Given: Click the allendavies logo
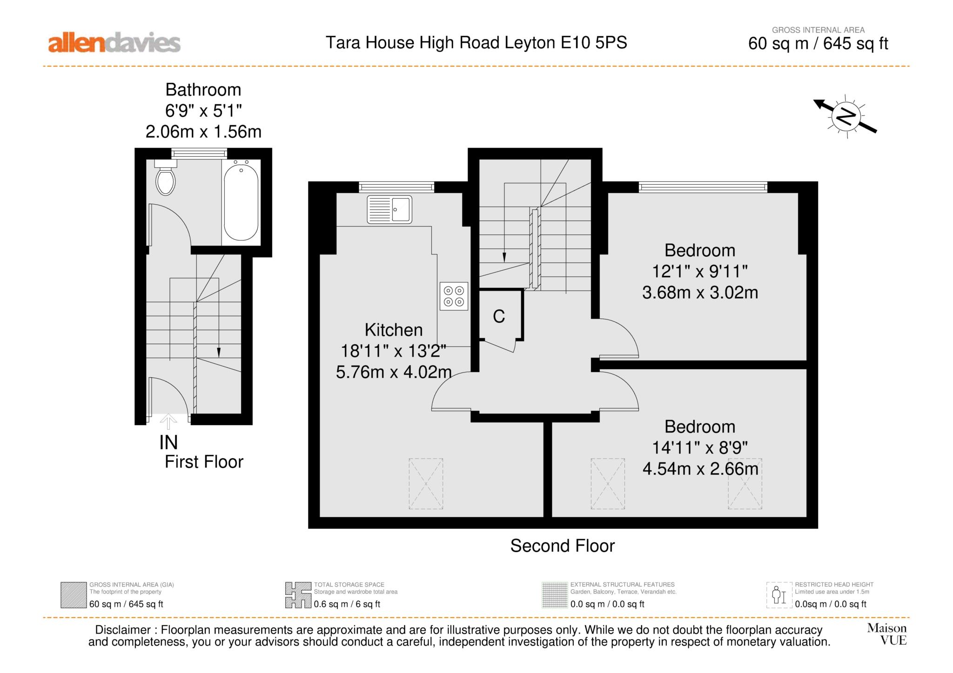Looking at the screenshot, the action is (x=114, y=43).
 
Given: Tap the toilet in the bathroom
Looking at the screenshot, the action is (x=166, y=177).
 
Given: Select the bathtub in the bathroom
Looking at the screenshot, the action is (x=241, y=200).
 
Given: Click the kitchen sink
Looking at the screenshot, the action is (x=389, y=209).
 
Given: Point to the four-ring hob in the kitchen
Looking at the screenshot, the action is (x=454, y=296).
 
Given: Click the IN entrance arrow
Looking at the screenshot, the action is (x=168, y=421).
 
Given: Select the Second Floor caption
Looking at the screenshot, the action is (x=562, y=546).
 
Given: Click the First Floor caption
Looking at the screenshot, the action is (x=204, y=462).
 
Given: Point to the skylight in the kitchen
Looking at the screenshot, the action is (x=426, y=484).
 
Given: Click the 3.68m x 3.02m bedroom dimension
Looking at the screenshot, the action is (x=700, y=293).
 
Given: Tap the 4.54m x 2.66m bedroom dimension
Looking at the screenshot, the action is (x=700, y=468).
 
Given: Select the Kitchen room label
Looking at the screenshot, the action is (x=394, y=330).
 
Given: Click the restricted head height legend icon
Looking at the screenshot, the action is (x=779, y=595).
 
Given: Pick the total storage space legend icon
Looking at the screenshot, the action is (x=298, y=595).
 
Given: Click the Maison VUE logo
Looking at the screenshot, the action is (x=887, y=634).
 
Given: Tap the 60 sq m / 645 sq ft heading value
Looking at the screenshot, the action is (x=818, y=44).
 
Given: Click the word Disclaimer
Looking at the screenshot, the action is (x=123, y=630).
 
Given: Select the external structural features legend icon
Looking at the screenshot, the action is (x=555, y=595).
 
